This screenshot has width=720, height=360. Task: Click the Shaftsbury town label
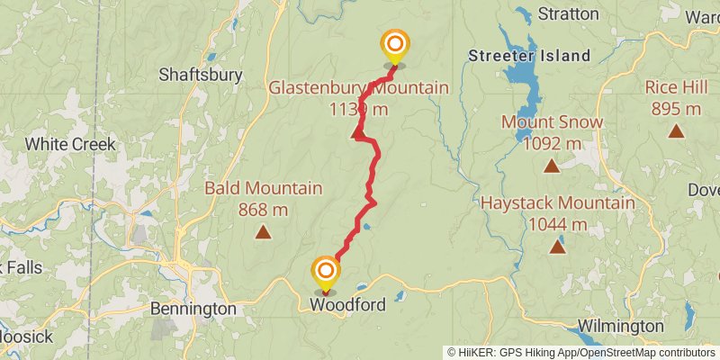[x=200, y=75]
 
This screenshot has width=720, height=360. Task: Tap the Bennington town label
[x=193, y=309]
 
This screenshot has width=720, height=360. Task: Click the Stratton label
[x=567, y=13]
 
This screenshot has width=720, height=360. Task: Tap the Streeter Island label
[x=529, y=56]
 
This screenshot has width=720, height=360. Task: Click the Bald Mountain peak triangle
[x=263, y=233]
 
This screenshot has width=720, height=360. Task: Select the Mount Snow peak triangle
[x=552, y=166]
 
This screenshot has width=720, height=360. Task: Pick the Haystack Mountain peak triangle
[x=558, y=247]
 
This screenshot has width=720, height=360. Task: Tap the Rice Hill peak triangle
[x=675, y=131]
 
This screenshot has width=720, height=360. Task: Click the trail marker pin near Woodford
[x=326, y=271]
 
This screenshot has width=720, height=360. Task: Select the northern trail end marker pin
[x=394, y=45]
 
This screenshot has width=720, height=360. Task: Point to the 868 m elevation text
[x=263, y=210]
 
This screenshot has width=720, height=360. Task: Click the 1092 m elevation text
[x=553, y=143]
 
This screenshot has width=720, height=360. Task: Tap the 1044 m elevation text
[x=558, y=224]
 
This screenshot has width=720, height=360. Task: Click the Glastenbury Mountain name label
[x=358, y=87]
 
